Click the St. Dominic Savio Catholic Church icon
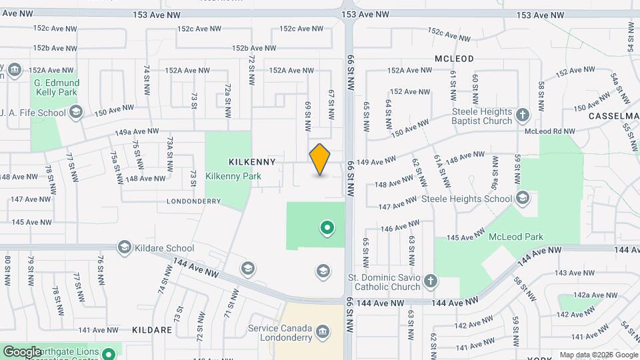point(431,281)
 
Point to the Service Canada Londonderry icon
point(323,332)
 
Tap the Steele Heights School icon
point(523,198)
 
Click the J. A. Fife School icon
point(76,112)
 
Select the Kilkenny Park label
point(233,177)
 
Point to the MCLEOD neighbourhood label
point(454,59)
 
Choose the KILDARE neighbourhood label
point(153,330)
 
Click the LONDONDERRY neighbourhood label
point(193,201)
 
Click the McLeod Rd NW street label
point(549,131)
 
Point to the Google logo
point(22,351)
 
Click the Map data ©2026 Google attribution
point(598,354)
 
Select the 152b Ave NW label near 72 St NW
point(254,48)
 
